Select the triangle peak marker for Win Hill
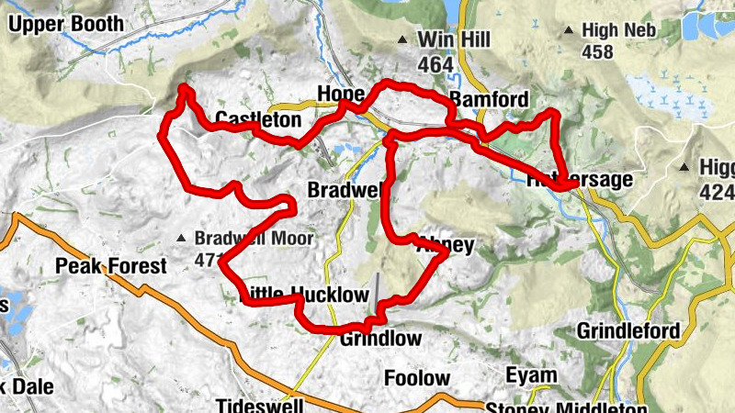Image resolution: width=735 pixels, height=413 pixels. [x=401, y=39]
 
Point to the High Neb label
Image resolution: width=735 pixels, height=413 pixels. [x=621, y=31]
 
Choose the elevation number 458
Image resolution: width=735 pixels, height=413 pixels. [x=597, y=53]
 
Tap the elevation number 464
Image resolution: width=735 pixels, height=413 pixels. [x=435, y=64]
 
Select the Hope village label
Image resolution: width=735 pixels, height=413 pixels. [x=341, y=95]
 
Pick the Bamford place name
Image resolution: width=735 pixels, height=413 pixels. [x=489, y=100]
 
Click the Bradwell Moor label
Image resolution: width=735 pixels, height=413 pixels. [x=254, y=240]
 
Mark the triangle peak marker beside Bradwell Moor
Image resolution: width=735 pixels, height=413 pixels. [x=182, y=240]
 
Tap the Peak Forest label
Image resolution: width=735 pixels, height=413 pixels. [x=111, y=267]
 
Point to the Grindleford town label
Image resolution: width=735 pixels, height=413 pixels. [x=629, y=330]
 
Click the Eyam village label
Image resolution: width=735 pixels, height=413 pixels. [x=530, y=375]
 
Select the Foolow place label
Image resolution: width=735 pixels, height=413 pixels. [x=417, y=378]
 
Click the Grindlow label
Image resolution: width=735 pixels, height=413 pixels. [x=380, y=339]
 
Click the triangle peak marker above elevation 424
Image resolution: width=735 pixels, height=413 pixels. [x=684, y=168]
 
